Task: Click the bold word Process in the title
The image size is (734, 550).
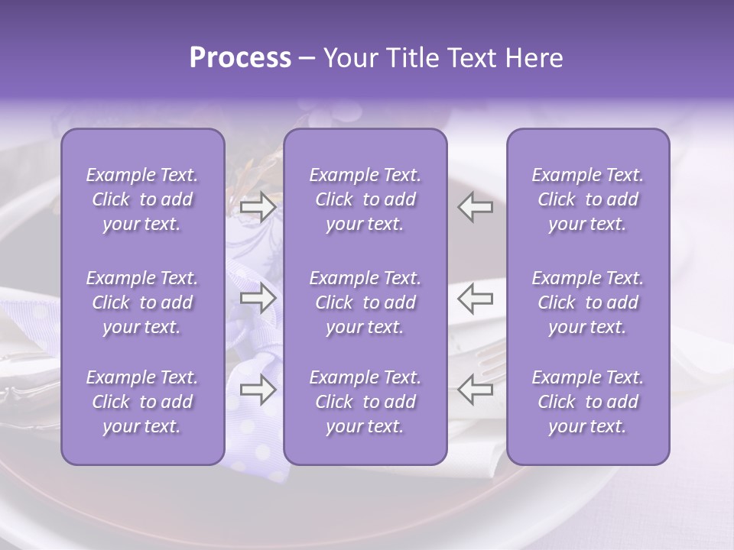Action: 240,58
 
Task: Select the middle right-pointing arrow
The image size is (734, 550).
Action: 258,297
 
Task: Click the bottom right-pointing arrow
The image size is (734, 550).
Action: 258,390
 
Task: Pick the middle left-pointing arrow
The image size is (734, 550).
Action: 476,297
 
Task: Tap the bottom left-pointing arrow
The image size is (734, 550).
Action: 476,390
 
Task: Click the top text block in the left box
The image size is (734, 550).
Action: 142,199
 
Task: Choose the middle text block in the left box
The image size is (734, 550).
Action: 142,302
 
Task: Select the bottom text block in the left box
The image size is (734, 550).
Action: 142,402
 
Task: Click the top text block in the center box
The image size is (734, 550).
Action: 365,199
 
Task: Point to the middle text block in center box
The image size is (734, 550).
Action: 365,302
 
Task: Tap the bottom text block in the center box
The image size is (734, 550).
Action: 365,402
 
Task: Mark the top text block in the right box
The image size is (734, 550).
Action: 587,199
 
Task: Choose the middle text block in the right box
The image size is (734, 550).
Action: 587,302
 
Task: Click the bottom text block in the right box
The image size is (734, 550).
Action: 587,402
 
